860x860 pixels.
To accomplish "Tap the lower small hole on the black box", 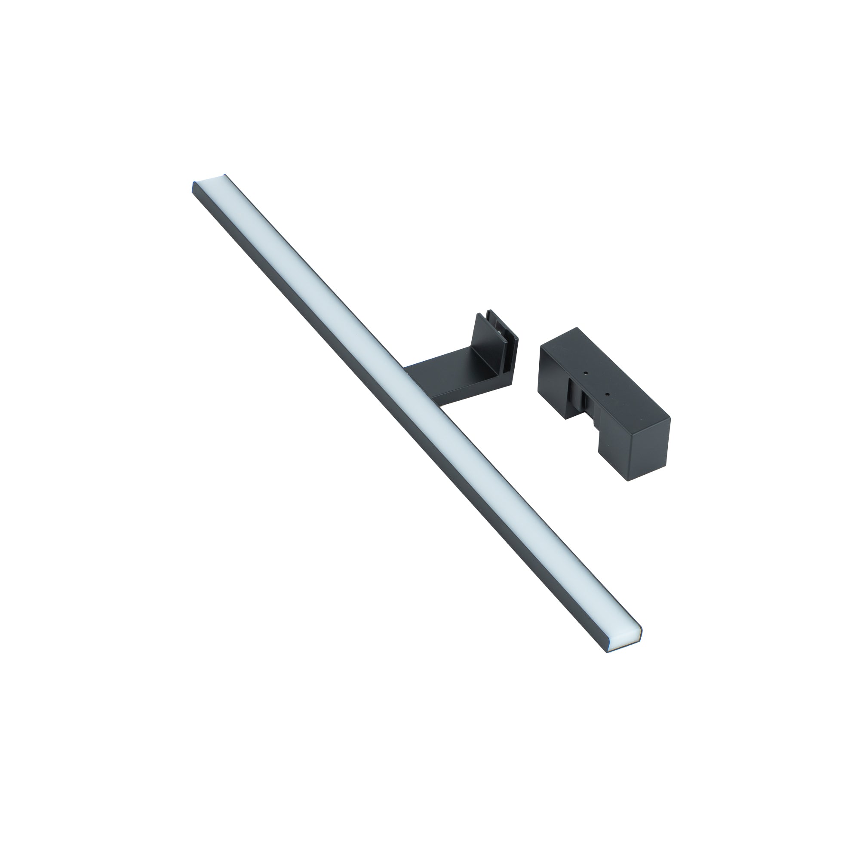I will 607,394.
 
